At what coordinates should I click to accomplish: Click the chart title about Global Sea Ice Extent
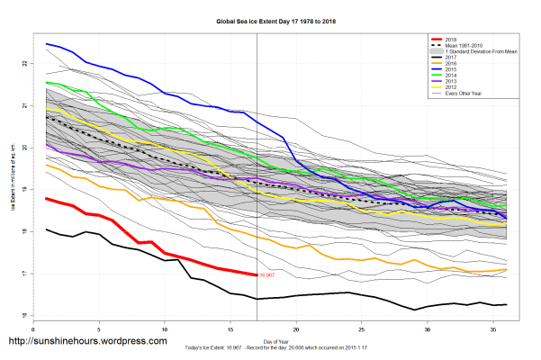pyautogui.click(x=270, y=20)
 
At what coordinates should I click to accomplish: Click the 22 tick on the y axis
pyautogui.click(x=25, y=63)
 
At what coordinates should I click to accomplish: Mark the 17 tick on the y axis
pyautogui.click(x=25, y=274)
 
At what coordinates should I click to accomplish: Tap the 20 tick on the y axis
pyautogui.click(x=25, y=148)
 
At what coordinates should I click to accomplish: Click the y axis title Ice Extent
pyautogui.click(x=13, y=189)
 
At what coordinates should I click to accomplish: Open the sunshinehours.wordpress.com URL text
pyautogui.click(x=87, y=342)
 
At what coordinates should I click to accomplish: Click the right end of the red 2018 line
pyautogui.click(x=257, y=274)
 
